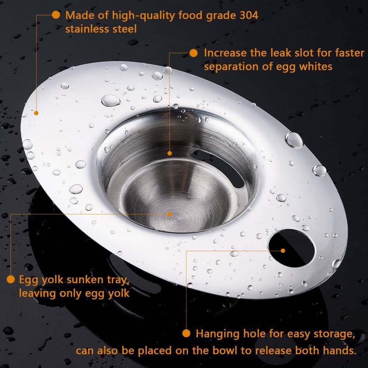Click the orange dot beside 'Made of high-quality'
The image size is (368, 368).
(x=56, y=15)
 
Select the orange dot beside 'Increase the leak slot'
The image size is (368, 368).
(x=194, y=53)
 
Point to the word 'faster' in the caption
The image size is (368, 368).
(x=349, y=53)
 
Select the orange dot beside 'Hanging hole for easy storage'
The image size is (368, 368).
(x=187, y=333)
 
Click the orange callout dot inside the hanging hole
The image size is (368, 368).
(x=283, y=251)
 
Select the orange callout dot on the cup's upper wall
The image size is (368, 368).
(x=170, y=153)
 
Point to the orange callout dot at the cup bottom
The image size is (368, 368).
(x=170, y=214)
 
